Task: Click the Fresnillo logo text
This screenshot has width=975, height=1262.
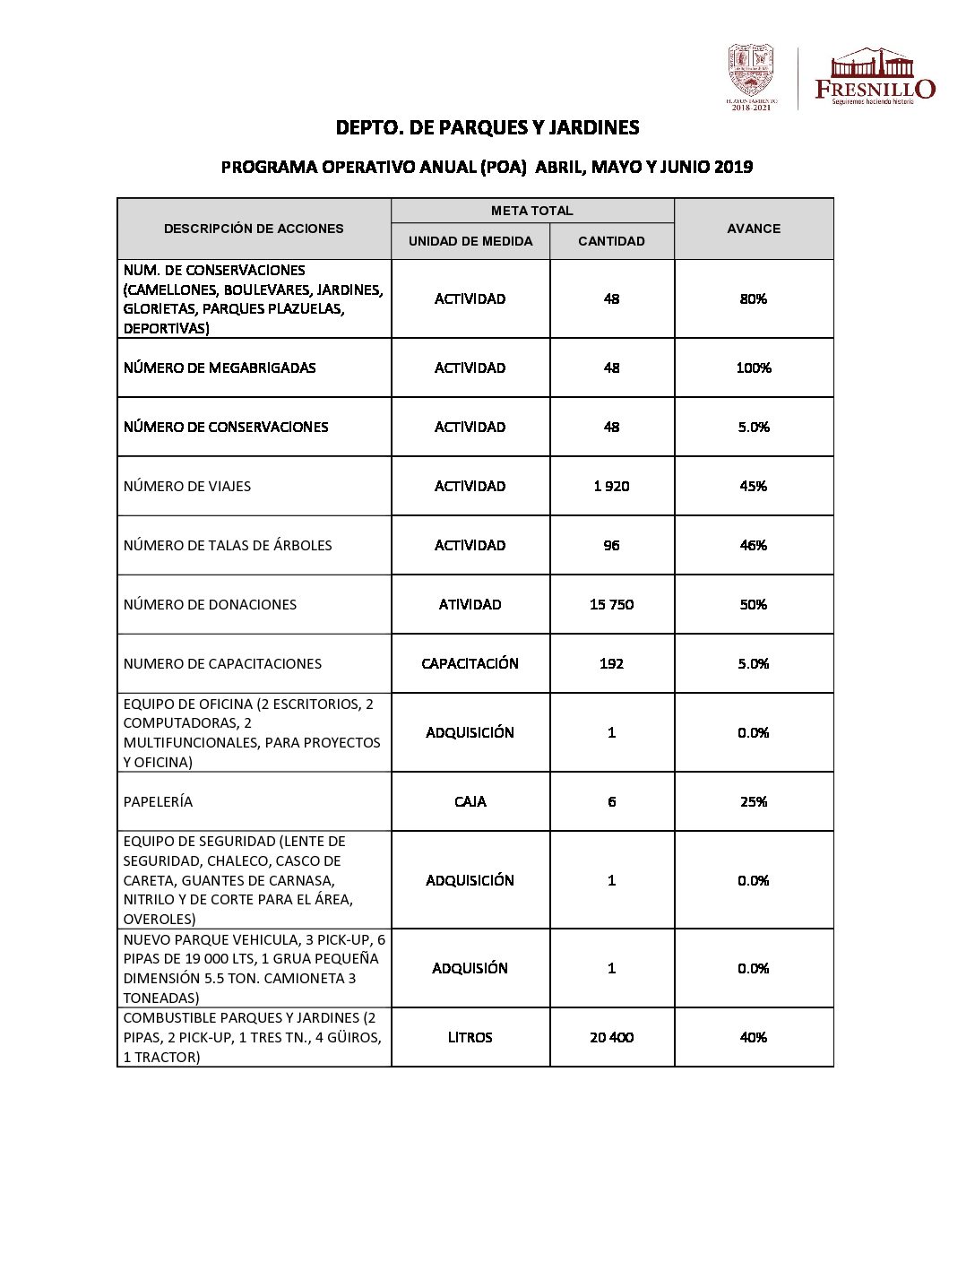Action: tap(875, 89)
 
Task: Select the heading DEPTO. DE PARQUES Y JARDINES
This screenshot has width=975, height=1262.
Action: tap(487, 127)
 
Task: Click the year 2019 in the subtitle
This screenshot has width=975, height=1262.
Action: tap(733, 167)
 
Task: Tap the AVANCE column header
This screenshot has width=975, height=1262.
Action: tap(754, 229)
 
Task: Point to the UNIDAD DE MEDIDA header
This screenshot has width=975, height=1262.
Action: tap(470, 241)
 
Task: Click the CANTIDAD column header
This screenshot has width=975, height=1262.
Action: tap(611, 241)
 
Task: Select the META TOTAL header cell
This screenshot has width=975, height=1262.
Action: tap(531, 211)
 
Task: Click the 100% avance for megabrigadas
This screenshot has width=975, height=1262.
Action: tap(754, 367)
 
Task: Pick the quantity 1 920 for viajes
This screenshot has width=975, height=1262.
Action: tap(611, 486)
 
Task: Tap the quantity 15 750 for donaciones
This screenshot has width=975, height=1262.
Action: tap(611, 604)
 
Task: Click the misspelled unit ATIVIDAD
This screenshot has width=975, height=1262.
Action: tap(470, 604)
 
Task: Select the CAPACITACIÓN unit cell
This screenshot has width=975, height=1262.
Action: tap(470, 663)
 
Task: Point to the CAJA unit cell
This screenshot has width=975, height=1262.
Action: tap(470, 801)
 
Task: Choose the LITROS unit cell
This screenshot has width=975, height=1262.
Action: tap(470, 1037)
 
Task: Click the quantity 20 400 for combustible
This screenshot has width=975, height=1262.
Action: tap(611, 1037)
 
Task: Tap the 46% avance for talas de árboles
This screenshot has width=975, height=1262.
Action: tap(754, 545)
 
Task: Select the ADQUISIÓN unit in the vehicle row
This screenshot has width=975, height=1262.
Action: tap(470, 968)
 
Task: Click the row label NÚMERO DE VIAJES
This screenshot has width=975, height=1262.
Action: tap(187, 486)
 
